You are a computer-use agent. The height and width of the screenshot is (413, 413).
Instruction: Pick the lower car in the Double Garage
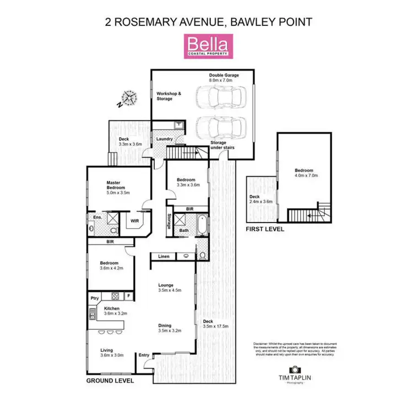click(219, 128)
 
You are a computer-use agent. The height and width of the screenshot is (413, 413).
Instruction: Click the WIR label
click(134, 221)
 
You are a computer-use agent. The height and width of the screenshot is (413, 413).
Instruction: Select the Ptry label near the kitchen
click(94, 298)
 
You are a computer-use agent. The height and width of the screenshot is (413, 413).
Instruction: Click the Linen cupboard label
click(164, 257)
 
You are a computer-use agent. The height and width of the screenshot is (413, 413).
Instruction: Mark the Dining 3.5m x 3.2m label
click(170, 328)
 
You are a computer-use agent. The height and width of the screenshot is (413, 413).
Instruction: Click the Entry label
click(144, 355)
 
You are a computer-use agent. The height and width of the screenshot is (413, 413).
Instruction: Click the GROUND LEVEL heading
click(110, 381)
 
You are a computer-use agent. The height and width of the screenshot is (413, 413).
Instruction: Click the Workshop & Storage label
click(169, 96)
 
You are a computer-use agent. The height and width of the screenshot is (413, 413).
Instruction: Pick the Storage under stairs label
click(218, 145)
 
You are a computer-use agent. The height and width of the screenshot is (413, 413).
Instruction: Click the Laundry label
click(165, 139)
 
